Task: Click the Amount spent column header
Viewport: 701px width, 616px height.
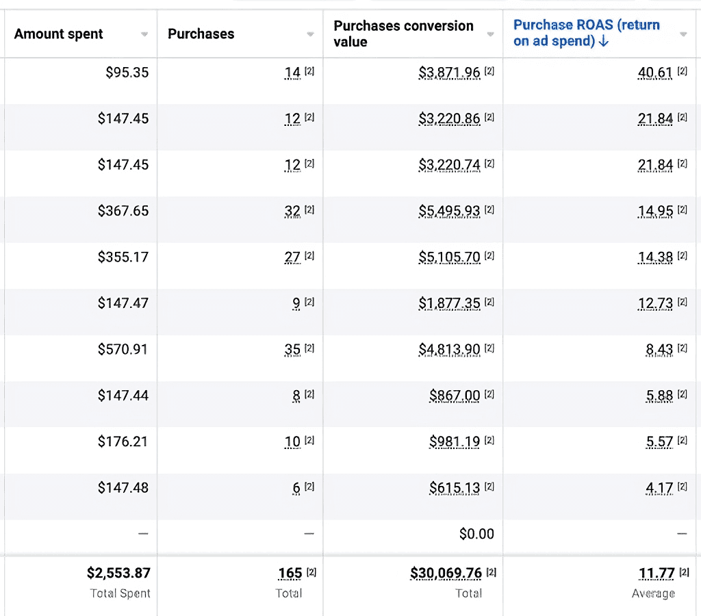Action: coord(59,34)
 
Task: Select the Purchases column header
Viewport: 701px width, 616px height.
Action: coord(201,34)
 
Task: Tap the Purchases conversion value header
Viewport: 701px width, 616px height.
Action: coord(403,34)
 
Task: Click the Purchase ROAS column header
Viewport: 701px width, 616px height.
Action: coord(586,33)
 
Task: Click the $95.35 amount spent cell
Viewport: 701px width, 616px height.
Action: coord(127,72)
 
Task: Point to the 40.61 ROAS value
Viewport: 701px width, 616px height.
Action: coord(655,72)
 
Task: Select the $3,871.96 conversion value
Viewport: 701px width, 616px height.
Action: coord(449,72)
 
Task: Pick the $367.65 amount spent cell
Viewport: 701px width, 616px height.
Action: coord(123,211)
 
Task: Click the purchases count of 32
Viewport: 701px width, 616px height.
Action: coord(292,211)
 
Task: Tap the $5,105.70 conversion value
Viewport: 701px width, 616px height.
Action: coord(449,257)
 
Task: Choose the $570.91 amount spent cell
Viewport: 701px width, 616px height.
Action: coord(123,350)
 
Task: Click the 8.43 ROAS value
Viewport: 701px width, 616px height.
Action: coord(659,350)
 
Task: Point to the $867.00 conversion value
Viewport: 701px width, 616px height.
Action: coord(455,396)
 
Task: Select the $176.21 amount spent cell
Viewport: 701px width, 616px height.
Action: coord(123,441)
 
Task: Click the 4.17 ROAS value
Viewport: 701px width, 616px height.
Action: coord(659,488)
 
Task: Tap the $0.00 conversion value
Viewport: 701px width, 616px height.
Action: coord(476,534)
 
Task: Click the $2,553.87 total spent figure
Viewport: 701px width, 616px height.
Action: coord(118,573)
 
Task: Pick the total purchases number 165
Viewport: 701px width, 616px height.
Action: coord(290,573)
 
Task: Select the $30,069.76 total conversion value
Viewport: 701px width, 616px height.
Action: coord(445,573)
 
